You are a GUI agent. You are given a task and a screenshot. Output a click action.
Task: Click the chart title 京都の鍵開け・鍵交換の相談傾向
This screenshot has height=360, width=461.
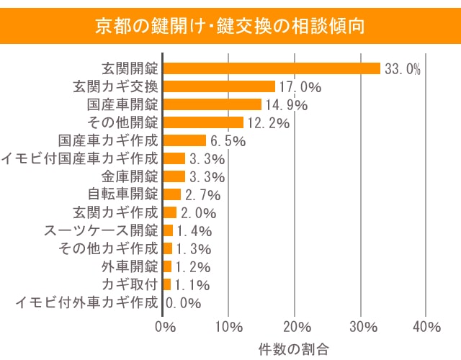tap(230, 27)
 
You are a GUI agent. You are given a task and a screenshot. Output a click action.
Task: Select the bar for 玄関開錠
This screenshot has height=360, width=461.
tap(272, 68)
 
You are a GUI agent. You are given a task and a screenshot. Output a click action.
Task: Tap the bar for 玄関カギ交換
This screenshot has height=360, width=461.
tap(219, 86)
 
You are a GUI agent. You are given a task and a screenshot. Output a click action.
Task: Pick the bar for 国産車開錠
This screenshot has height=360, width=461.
tap(212, 104)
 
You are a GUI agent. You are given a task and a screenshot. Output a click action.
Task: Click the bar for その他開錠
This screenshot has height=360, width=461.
tap(204, 122)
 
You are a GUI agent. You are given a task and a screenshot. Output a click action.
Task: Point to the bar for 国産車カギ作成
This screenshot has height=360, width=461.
tap(185, 140)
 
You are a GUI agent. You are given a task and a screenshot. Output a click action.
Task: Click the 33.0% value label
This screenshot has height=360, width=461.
tap(402, 69)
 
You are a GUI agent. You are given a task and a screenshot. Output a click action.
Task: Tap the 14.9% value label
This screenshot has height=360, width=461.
tap(285, 105)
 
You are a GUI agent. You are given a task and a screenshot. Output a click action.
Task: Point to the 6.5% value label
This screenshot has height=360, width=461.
tap(227, 141)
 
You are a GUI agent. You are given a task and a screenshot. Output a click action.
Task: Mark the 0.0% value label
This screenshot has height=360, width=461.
tap(183, 303)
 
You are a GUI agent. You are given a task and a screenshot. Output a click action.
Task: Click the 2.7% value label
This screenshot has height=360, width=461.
tap(202, 195)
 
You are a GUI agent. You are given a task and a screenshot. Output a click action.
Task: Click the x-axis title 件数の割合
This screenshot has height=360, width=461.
tap(294, 348)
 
